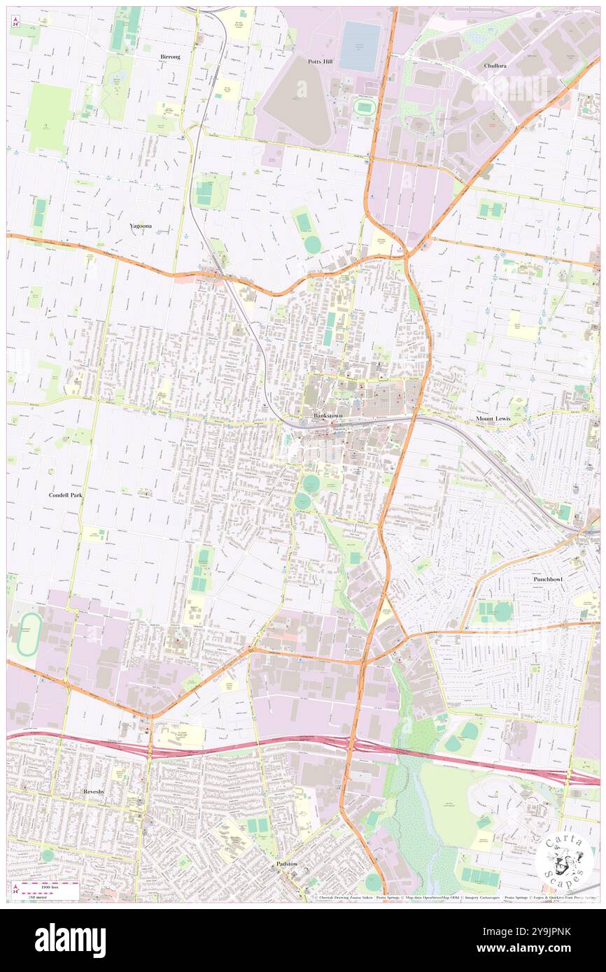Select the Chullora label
(x=495, y=65)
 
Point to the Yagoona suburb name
(x=141, y=226)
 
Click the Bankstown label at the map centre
(x=327, y=415)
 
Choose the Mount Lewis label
(x=494, y=418)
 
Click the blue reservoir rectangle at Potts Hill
(x=360, y=46)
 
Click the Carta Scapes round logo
(x=563, y=860)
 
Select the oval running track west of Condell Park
(x=27, y=634)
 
